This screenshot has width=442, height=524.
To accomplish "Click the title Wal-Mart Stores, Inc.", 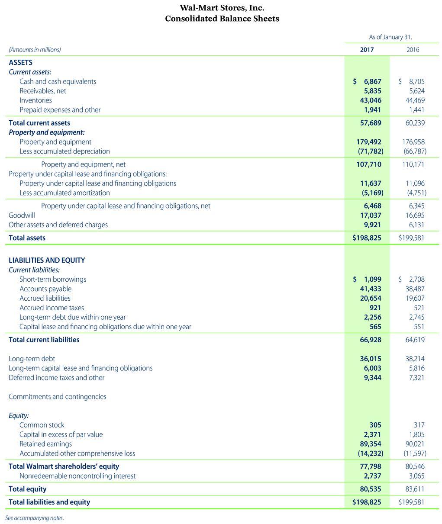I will (222, 8).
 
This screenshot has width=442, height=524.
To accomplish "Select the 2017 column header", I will (367, 50).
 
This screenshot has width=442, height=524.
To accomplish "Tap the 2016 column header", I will (413, 50).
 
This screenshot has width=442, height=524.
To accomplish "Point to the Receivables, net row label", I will (43, 91).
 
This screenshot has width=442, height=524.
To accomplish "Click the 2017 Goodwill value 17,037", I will (371, 215).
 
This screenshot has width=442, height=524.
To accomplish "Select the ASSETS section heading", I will (20, 62).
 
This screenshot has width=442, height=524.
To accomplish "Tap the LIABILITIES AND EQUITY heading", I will (47, 260).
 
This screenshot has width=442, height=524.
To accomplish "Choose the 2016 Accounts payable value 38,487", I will (415, 289).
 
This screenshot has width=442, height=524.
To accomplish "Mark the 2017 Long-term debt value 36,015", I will (371, 359).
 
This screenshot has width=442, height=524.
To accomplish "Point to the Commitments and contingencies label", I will (57, 396).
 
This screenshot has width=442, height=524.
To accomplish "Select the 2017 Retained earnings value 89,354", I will (371, 444).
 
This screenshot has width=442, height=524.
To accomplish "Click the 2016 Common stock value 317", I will (419, 425).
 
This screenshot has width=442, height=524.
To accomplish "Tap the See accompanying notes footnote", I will (34, 518).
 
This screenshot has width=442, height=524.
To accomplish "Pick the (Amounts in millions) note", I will (35, 50).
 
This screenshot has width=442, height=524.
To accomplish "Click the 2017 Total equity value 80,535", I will (371, 489).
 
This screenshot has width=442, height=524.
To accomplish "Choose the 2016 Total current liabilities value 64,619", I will (415, 340).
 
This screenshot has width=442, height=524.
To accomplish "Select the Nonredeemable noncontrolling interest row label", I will (77, 476).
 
